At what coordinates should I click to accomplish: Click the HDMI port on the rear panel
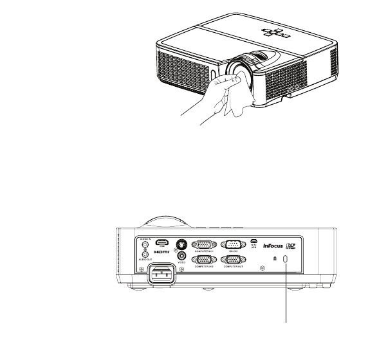(x=162, y=244)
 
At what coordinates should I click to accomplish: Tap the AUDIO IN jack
(x=145, y=245)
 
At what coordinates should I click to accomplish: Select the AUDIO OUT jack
(x=145, y=254)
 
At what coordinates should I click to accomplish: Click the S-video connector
(x=181, y=244)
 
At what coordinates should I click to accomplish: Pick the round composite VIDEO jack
(x=181, y=256)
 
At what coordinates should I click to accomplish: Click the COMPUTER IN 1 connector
(x=204, y=244)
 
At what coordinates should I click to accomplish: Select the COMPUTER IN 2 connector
(x=204, y=260)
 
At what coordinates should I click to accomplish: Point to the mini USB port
(x=254, y=242)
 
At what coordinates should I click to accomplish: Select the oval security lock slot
(x=287, y=258)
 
